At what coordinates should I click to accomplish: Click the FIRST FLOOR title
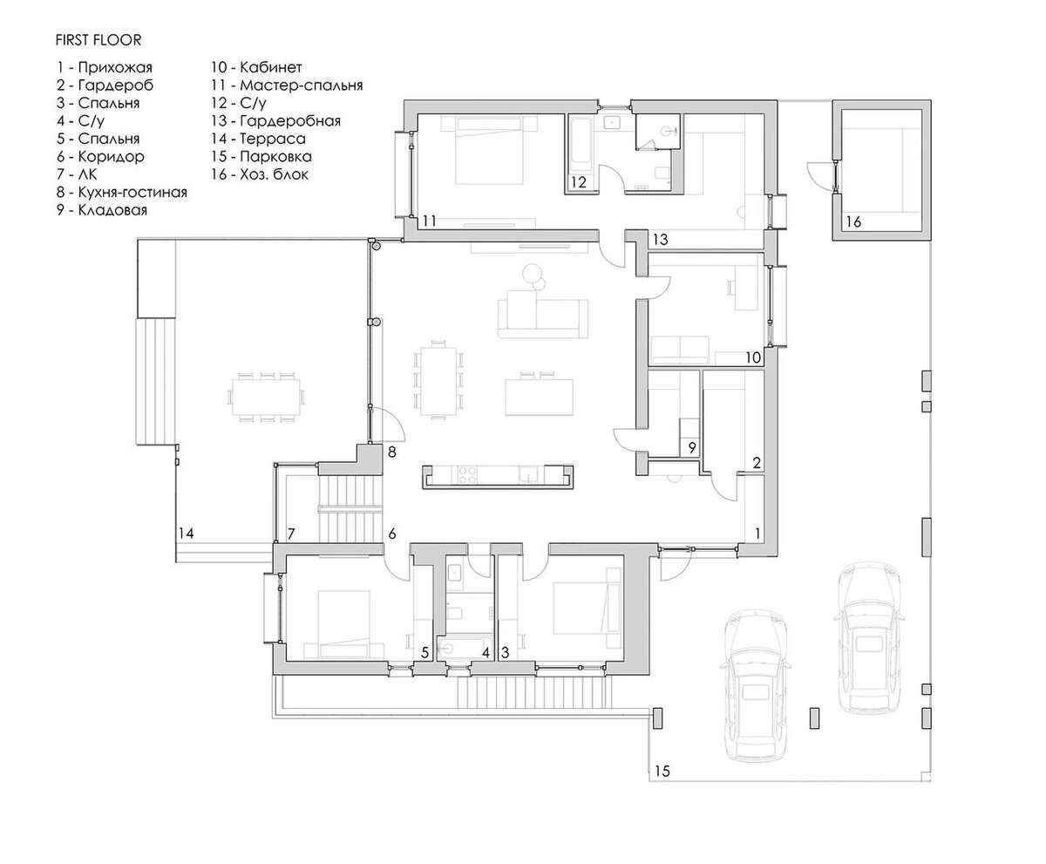click(x=98, y=40)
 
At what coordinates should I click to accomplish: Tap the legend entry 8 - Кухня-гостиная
click(x=122, y=192)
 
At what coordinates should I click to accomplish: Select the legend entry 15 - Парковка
click(x=261, y=156)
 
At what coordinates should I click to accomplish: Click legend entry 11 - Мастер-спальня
click(x=287, y=85)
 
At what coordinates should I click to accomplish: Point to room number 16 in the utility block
click(x=853, y=221)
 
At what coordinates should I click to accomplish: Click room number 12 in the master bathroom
click(x=579, y=182)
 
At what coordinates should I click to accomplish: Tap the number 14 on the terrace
click(x=186, y=534)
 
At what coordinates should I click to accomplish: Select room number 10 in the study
click(x=753, y=357)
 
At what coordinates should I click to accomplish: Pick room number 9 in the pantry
click(x=692, y=447)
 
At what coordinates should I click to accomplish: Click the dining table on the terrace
click(x=266, y=397)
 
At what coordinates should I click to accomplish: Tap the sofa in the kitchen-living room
click(x=542, y=315)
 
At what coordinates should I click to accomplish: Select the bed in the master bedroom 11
click(x=489, y=150)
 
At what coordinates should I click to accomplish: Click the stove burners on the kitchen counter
click(x=467, y=475)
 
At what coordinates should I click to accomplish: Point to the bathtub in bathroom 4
click(x=460, y=649)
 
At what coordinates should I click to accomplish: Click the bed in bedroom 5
click(x=343, y=623)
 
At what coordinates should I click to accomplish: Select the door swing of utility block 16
click(x=820, y=174)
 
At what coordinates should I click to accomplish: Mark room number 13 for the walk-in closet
click(x=660, y=240)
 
